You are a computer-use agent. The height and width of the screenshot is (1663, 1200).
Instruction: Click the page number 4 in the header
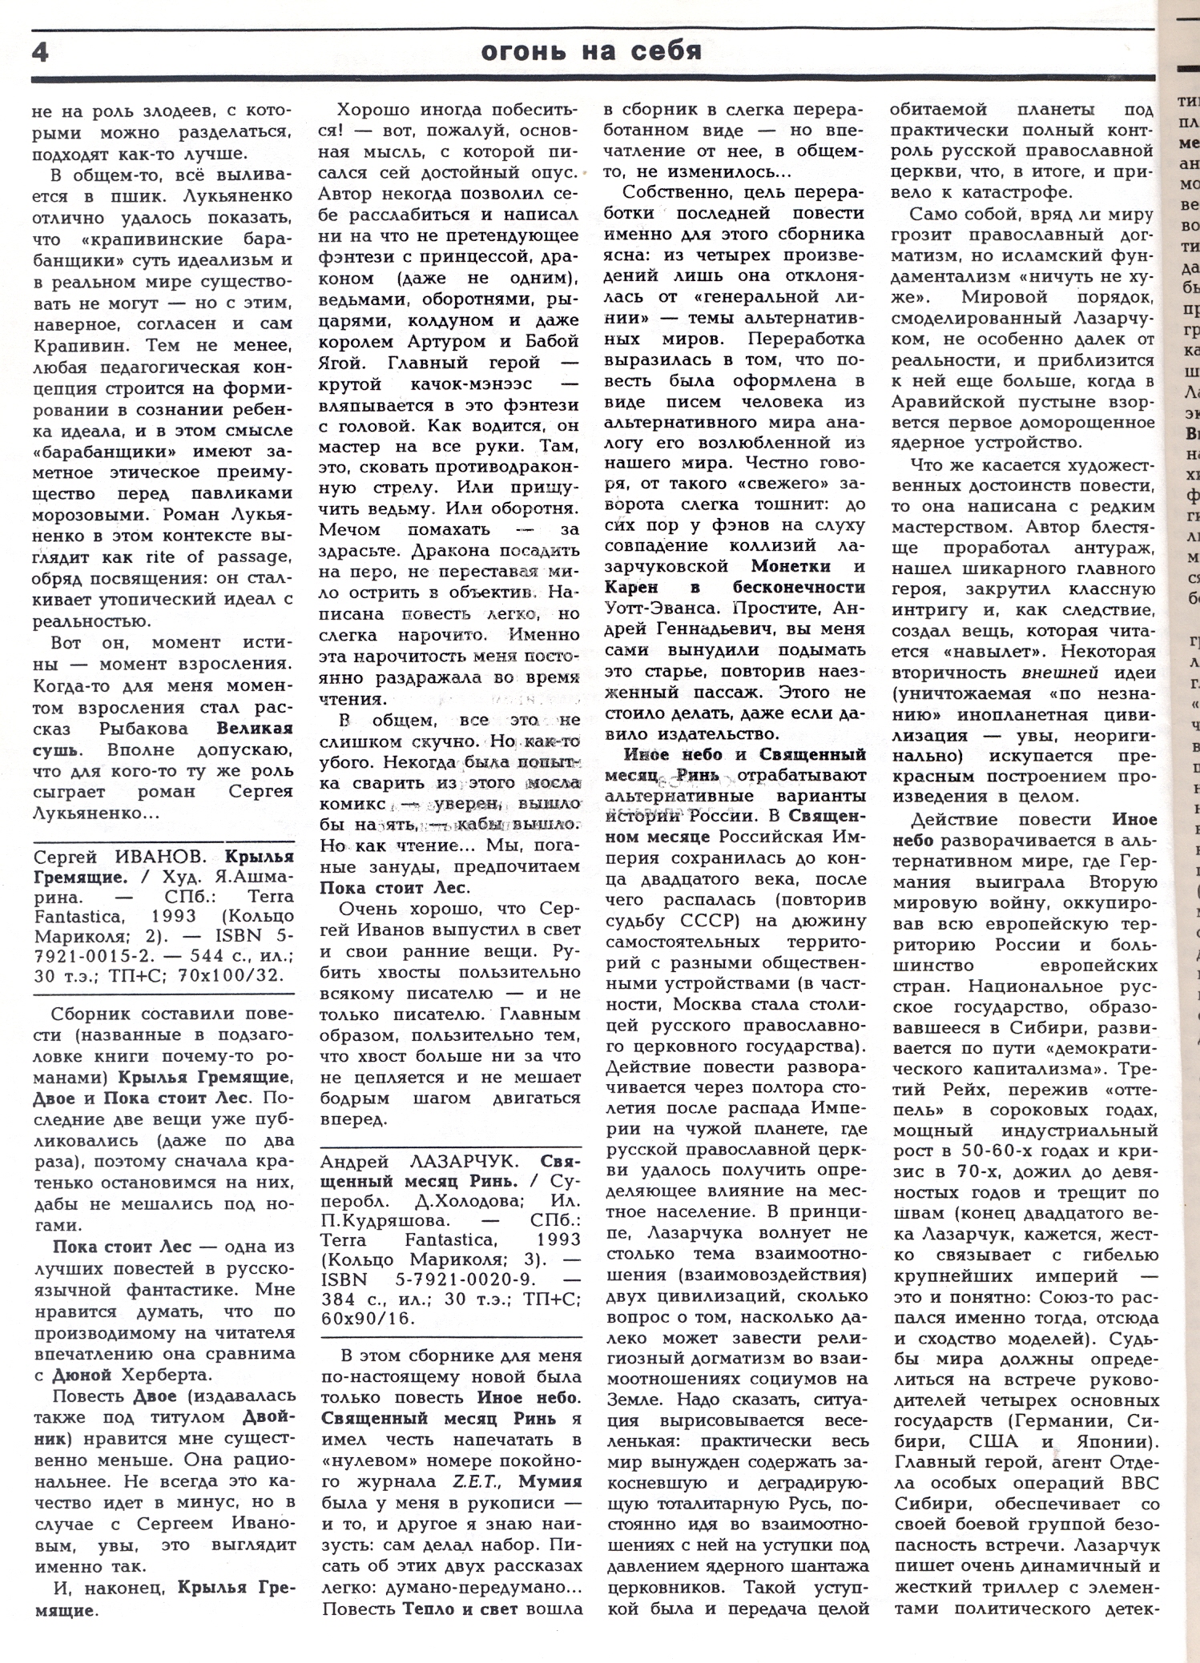click(x=41, y=52)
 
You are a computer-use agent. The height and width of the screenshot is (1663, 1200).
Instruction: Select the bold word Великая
click(x=255, y=729)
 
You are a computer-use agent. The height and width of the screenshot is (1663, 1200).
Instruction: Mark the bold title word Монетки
click(x=791, y=567)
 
